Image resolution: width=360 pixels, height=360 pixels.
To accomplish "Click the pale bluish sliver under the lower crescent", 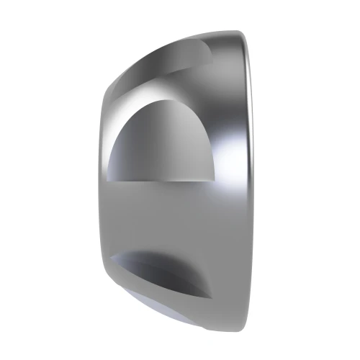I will click(x=155, y=302).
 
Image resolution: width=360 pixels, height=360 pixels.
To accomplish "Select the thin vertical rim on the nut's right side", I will click(x=248, y=180).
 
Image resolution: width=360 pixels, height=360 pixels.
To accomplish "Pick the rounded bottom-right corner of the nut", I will click(x=243, y=325).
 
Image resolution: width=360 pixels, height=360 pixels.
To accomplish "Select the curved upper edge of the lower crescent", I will click(x=158, y=253).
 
